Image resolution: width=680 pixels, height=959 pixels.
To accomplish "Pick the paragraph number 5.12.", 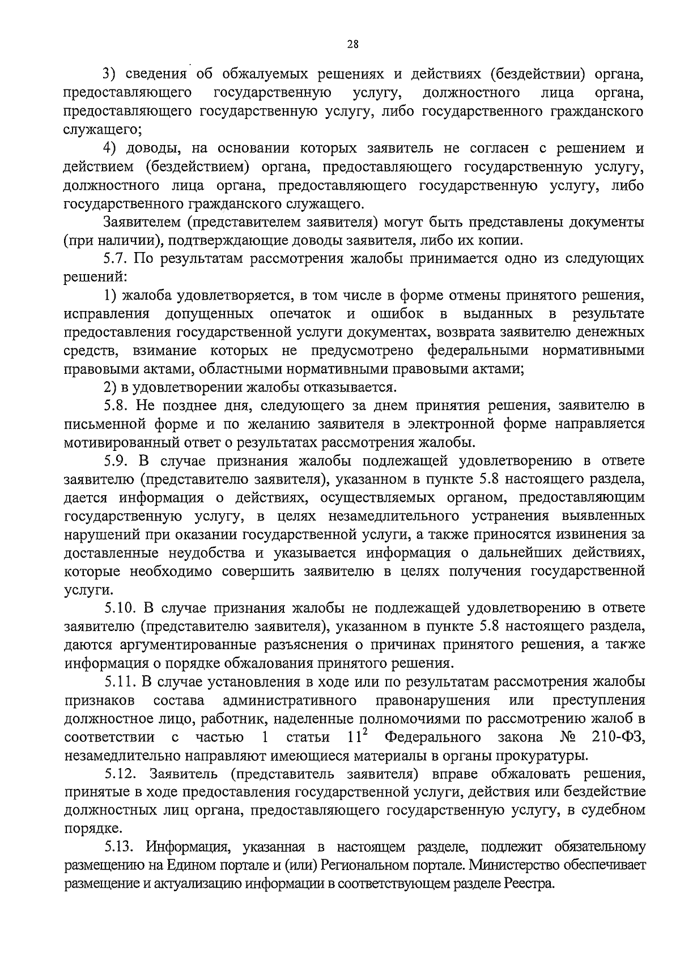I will pyautogui.click(x=121, y=774).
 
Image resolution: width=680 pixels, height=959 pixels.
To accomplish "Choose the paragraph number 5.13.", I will pyautogui.click(x=121, y=847).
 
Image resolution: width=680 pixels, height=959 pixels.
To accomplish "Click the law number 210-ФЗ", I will pyautogui.click(x=615, y=737).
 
